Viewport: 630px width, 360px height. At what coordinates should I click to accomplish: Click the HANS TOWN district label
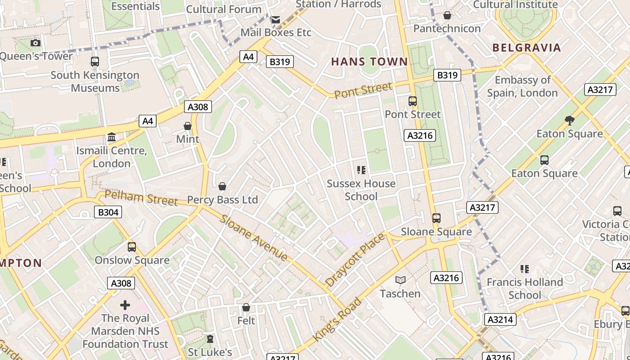pos(369,62)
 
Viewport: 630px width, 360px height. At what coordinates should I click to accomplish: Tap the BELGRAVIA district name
pos(526,48)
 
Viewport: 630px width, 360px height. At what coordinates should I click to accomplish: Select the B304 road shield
pos(108,212)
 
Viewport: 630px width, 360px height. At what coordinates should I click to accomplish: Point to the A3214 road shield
pos(500,320)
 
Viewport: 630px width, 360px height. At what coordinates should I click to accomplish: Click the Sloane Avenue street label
pos(254,238)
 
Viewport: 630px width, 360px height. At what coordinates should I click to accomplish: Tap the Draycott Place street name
pos(355,260)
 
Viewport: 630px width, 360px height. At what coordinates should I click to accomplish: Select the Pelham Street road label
pos(141,198)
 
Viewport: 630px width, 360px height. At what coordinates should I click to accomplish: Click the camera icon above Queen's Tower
pos(36,43)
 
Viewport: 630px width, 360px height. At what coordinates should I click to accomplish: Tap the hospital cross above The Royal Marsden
pos(125,305)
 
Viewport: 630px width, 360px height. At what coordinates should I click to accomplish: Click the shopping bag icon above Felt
pos(246,308)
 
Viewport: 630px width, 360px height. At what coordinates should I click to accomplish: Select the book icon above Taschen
pos(400,280)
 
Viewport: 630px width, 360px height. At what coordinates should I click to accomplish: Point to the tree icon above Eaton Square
pos(569,120)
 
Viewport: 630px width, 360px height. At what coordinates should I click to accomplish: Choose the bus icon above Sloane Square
pos(436,218)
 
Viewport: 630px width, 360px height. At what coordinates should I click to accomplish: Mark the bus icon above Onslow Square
pos(132,247)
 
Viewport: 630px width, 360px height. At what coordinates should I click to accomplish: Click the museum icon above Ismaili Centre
pos(112,137)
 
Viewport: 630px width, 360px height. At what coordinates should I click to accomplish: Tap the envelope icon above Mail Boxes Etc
pos(275,19)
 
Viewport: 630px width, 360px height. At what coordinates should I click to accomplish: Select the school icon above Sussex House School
pos(361,170)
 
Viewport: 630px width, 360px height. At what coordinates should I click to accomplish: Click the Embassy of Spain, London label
pos(522,86)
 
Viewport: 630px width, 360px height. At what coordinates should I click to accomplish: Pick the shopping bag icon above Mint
pos(188,126)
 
